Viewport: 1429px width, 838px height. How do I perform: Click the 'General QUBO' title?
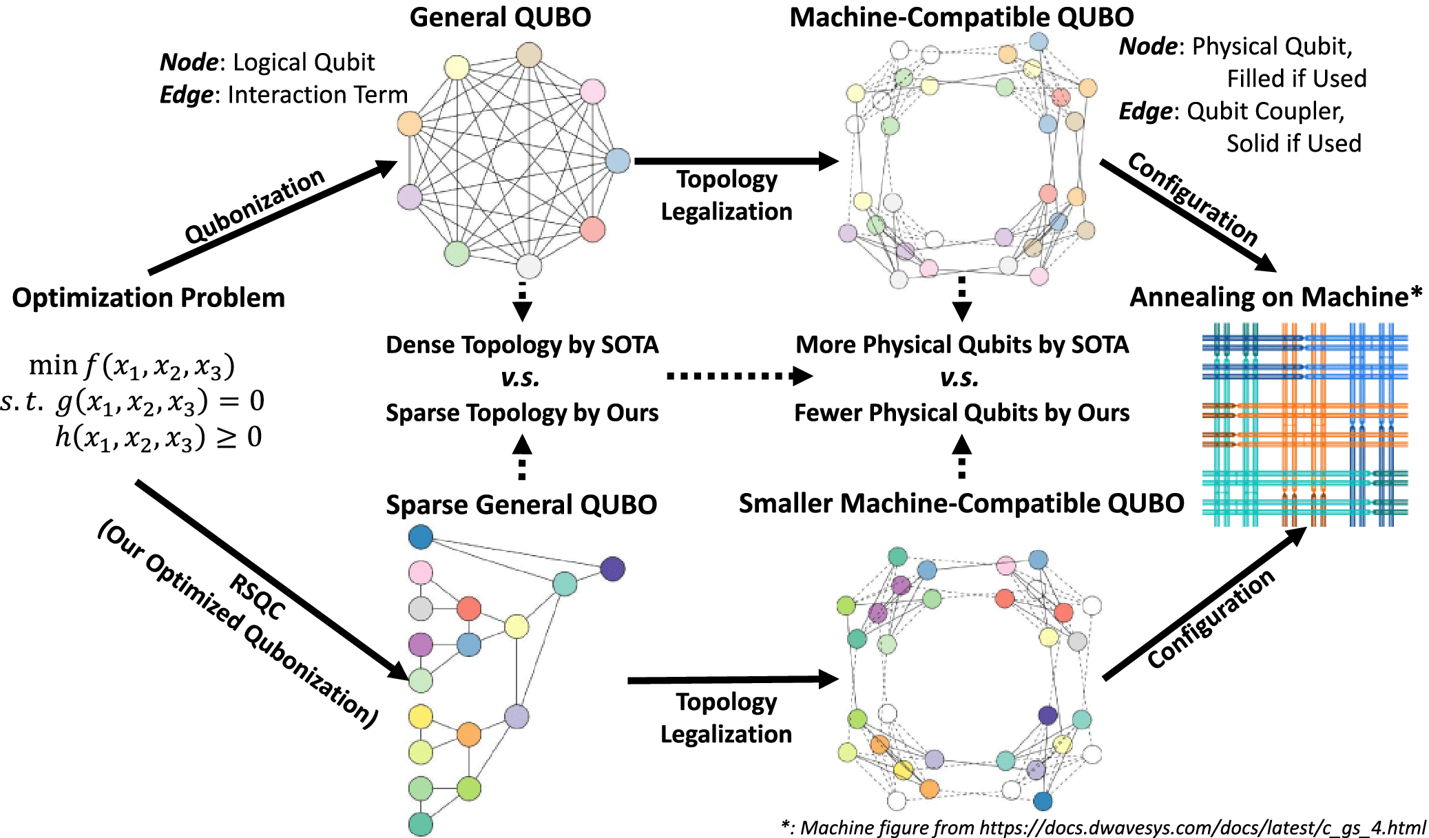click(500, 17)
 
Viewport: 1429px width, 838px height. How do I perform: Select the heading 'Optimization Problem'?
click(148, 297)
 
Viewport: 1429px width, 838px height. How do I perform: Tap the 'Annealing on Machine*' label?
click(1275, 297)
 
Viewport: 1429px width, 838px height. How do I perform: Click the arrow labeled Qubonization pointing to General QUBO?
click(272, 217)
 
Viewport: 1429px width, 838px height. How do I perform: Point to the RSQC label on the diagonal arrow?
click(257, 596)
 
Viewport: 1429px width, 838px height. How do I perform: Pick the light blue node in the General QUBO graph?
click(618, 160)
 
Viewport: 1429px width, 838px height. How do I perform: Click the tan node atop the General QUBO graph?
click(529, 55)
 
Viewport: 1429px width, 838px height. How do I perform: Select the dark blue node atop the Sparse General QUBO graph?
click(421, 537)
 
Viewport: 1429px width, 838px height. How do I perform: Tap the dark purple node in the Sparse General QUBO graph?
click(612, 569)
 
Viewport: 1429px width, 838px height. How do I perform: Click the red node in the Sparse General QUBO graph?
click(469, 609)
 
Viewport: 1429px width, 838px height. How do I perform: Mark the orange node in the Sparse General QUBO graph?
click(469, 734)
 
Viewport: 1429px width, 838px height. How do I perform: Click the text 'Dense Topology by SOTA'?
click(522, 344)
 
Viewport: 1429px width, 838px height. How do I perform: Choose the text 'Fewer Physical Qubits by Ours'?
click(961, 412)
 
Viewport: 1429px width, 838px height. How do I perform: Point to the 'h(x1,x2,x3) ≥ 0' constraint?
click(158, 437)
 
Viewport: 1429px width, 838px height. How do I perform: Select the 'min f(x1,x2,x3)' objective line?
click(132, 366)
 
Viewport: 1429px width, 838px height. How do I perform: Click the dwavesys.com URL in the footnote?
click(1202, 827)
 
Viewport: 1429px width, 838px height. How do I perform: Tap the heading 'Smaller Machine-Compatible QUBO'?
click(961, 503)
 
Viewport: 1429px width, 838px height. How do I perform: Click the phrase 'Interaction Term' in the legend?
click(317, 94)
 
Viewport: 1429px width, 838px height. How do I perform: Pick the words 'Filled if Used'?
click(1296, 78)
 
